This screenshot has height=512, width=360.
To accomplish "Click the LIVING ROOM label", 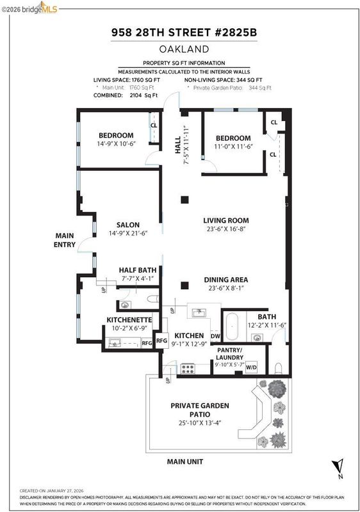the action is (225, 220).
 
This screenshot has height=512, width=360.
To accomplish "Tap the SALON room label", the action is (128, 225).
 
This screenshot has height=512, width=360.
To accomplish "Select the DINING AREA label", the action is (225, 280).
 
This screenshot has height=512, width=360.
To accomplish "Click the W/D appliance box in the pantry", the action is (251, 367).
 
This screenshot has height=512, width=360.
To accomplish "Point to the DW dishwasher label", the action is (215, 336).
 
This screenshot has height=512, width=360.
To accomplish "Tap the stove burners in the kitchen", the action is (188, 369).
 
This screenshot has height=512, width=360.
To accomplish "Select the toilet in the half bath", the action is (152, 298).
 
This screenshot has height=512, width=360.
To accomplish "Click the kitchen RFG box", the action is (161, 340).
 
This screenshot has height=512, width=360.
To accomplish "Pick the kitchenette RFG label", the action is (147, 343).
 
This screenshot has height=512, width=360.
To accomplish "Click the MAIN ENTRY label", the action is (64, 240).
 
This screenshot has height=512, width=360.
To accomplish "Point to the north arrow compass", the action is (338, 468).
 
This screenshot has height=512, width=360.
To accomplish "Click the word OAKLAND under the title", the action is (184, 49).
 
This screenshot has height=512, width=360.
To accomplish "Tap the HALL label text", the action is (177, 145).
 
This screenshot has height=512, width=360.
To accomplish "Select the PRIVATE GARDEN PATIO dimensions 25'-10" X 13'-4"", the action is (200, 423).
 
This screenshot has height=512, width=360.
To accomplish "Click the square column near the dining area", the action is (184, 285).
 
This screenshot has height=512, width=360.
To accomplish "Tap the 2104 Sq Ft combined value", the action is (143, 95).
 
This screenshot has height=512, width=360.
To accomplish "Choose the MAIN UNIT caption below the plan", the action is (185, 461).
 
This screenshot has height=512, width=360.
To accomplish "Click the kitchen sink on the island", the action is (199, 312).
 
